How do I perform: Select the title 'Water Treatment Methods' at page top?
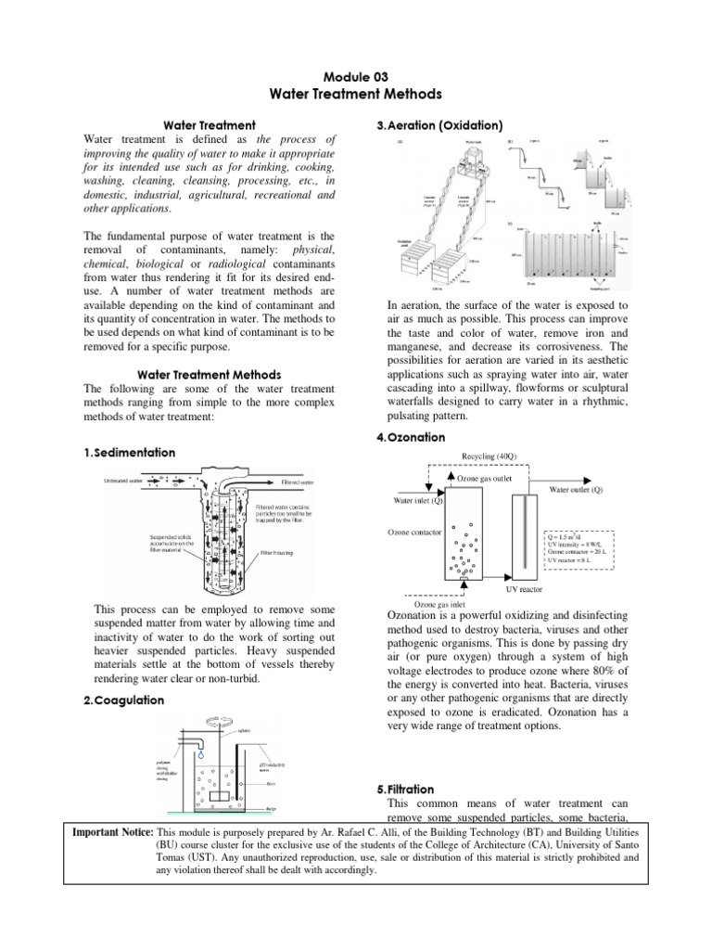pyautogui.click(x=356, y=94)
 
